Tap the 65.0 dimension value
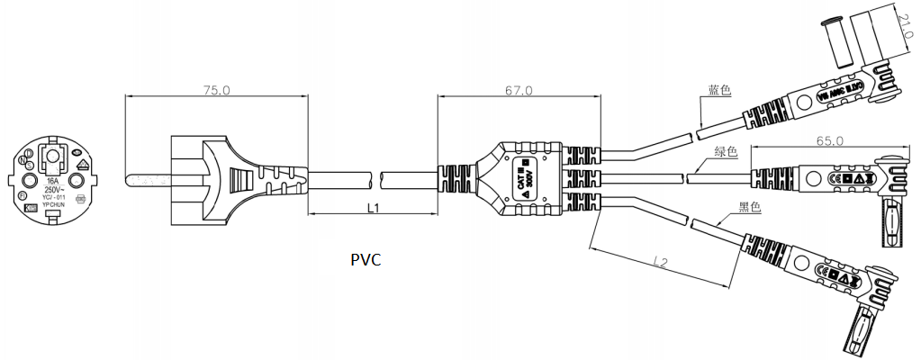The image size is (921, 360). point(828,140)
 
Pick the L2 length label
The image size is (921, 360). point(663,263)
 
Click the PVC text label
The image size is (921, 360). point(366,260)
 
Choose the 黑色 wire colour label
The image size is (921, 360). point(749,208)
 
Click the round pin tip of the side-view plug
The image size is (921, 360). point(132,180)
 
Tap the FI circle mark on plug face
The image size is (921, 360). point(23,195)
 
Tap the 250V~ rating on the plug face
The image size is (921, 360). point(54,192)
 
